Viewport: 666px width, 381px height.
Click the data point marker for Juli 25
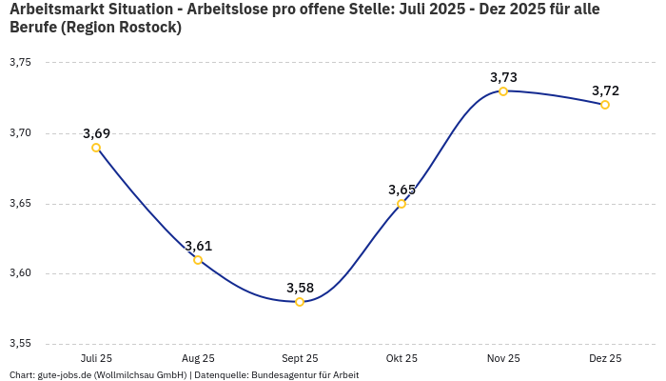[x=96, y=148]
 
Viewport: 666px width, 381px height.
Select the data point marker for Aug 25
[x=198, y=260]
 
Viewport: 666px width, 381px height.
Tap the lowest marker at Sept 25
[x=300, y=302]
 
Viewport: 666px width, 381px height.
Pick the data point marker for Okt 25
[x=402, y=204]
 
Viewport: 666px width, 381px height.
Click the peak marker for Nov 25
[x=503, y=91]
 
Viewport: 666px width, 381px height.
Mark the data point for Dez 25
[x=605, y=105]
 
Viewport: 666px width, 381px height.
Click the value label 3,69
[x=96, y=133]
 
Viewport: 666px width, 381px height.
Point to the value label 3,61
[x=198, y=246]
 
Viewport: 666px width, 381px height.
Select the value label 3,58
[x=300, y=288]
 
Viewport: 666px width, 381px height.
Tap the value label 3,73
[x=503, y=77]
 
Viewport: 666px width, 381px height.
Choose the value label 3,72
[x=605, y=90]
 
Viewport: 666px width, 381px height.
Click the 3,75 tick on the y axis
[x=20, y=63]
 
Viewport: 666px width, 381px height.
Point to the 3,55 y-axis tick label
[x=20, y=344]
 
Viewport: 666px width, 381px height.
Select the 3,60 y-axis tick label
[x=20, y=273]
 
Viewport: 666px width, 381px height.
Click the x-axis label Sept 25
[x=300, y=359]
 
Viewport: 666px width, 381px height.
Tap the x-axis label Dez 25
[x=605, y=359]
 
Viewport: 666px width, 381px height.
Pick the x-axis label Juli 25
[x=96, y=359]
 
